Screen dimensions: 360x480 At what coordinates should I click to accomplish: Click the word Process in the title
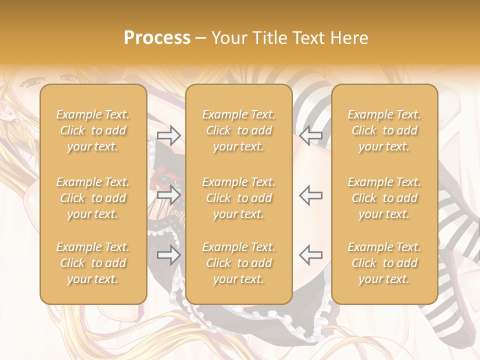[x=157, y=38]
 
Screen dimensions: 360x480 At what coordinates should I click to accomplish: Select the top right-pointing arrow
[x=168, y=134]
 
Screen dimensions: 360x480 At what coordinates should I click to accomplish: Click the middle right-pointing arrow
[x=168, y=195]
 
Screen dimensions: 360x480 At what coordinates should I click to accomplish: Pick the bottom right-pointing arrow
[x=168, y=255]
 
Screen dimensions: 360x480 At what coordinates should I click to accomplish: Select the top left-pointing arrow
[x=310, y=134]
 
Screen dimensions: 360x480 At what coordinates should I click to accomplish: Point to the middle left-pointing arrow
[x=310, y=195]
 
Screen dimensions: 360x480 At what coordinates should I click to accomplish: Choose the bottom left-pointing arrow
[x=310, y=255]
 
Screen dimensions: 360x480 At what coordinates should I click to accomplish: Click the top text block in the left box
[x=93, y=130]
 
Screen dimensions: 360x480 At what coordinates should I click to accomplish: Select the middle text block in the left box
[x=93, y=198]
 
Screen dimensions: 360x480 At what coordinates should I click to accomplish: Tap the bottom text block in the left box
[x=93, y=263]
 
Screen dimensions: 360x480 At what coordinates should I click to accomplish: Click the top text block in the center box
[x=238, y=130]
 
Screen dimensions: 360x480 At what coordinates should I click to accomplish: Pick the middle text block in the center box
[x=238, y=198]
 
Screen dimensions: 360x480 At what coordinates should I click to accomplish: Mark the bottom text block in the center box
[x=238, y=263]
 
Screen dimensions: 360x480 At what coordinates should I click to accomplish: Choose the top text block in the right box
[x=384, y=130]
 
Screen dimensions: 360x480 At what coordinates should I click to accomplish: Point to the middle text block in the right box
[x=384, y=198]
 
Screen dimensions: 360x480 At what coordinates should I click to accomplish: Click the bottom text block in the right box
[x=384, y=263]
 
